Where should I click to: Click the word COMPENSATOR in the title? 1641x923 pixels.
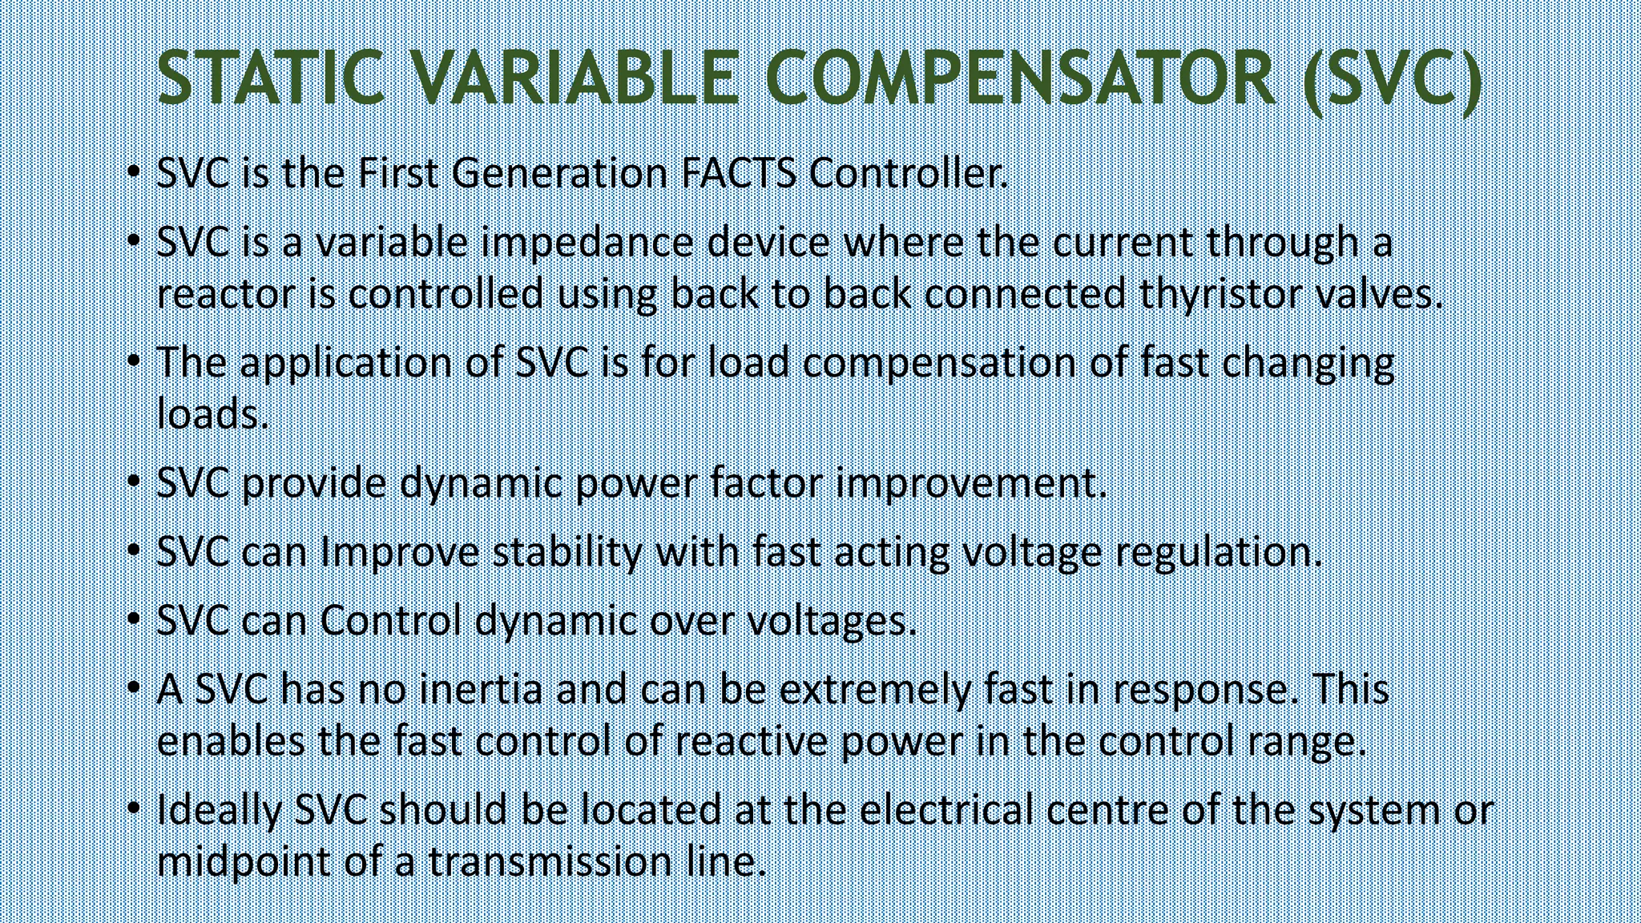pos(1019,78)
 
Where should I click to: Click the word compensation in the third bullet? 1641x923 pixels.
pos(939,363)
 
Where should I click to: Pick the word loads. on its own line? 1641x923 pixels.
pos(212,414)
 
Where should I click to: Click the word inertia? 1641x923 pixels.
pos(481,690)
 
